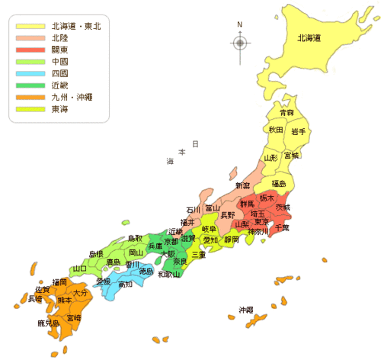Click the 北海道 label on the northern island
coord(309,37)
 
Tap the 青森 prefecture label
coord(287,113)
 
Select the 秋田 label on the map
coord(276,130)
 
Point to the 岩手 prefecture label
coord(298,132)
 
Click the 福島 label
coord(279,184)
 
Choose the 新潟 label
coord(242,186)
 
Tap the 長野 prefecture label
coord(228,215)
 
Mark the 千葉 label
coord(282,228)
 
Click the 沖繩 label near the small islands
coord(245,310)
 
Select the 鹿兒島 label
coord(48,323)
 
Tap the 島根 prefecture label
coord(96,254)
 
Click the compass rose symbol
coord(240,42)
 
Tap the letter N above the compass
coord(240,24)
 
